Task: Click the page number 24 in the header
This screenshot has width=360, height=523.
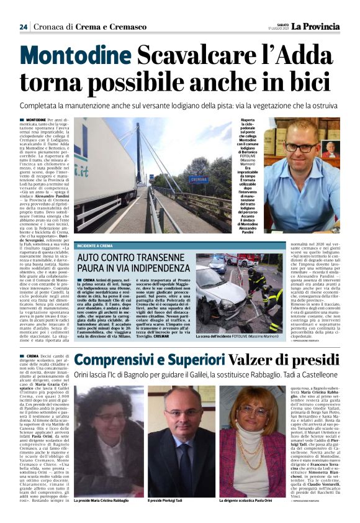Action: pos(23,27)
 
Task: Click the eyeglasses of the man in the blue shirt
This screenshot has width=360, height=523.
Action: pos(302,148)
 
